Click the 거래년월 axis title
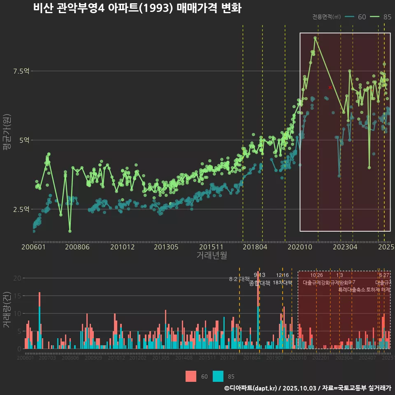pyautogui.click(x=211, y=256)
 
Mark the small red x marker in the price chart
pyautogui.click(x=330, y=88)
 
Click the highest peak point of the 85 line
pyautogui.click(x=315, y=38)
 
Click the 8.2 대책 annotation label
pyautogui.click(x=239, y=279)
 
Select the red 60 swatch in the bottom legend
pyautogui.click(x=191, y=376)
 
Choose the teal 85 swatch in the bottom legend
pyautogui.click(x=218, y=376)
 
